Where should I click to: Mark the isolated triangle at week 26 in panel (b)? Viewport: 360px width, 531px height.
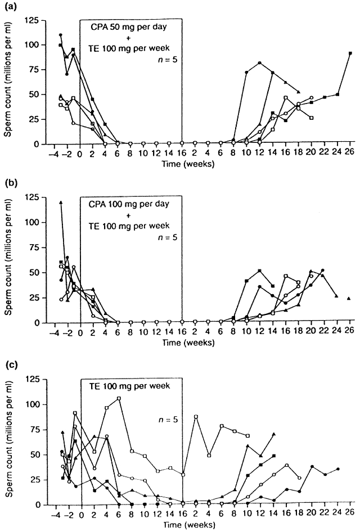click(349, 298)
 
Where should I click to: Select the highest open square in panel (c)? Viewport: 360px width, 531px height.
click(119, 398)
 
